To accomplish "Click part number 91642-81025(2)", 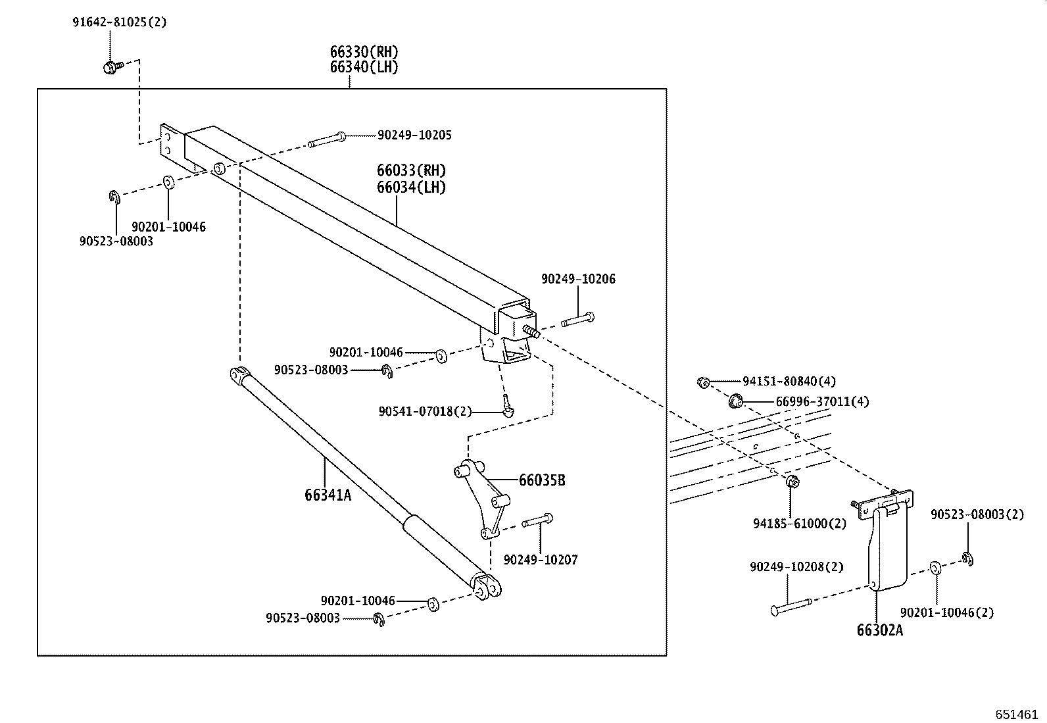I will pos(119,22).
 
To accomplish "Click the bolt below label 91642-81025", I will pos(110,66).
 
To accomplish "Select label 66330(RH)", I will pos(364,52).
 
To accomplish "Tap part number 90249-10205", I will pos(414,135).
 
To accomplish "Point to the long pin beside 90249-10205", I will pos(326,139).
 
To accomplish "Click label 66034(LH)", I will pos(411,187).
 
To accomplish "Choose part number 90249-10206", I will pos(578,279).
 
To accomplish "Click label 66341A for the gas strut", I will pos(328,495).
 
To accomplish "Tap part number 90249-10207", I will pos(541,560).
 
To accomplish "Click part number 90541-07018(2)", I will pos(425,411).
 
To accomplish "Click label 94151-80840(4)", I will pos(789,381).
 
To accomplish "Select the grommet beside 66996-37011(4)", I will pos(737,399).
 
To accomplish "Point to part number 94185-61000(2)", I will pos(800,524).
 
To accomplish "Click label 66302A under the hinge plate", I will pos(879,630).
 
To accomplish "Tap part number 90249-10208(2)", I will pos(796,566).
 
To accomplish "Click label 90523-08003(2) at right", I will pos(977,514).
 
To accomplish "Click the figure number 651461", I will pos(1016,714).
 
